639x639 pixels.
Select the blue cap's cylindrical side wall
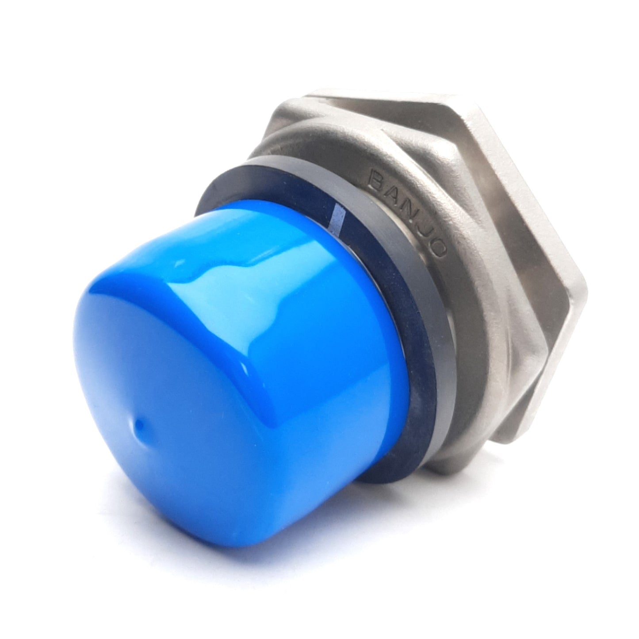310,336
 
